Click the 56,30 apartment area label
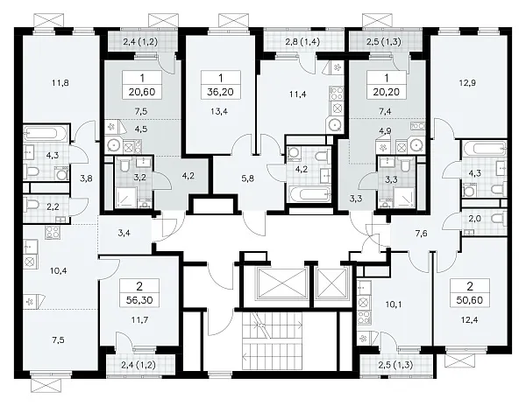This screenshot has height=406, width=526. [x=139, y=300]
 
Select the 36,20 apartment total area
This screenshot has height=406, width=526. [x=220, y=92]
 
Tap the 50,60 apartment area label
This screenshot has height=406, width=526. [x=470, y=300]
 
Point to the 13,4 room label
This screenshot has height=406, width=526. [x=219, y=111]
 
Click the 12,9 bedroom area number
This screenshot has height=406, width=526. [x=467, y=82]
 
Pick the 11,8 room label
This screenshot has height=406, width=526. [x=60, y=82]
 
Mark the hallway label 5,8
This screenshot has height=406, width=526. [x=247, y=178]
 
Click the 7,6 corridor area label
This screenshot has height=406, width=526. [x=421, y=234]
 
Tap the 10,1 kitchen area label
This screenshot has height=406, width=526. [x=393, y=304]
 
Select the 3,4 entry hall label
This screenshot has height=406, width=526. [x=124, y=233]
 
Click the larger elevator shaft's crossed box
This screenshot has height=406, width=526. [x=282, y=283]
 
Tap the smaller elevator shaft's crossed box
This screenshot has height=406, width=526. [x=331, y=283]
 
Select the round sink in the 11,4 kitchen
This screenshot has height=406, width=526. [x=335, y=125]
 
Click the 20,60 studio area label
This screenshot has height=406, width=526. [x=142, y=92]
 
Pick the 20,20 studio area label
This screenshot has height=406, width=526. [x=386, y=92]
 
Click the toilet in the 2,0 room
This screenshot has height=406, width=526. [x=498, y=219]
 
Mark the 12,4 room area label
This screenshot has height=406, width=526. [x=470, y=320]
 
